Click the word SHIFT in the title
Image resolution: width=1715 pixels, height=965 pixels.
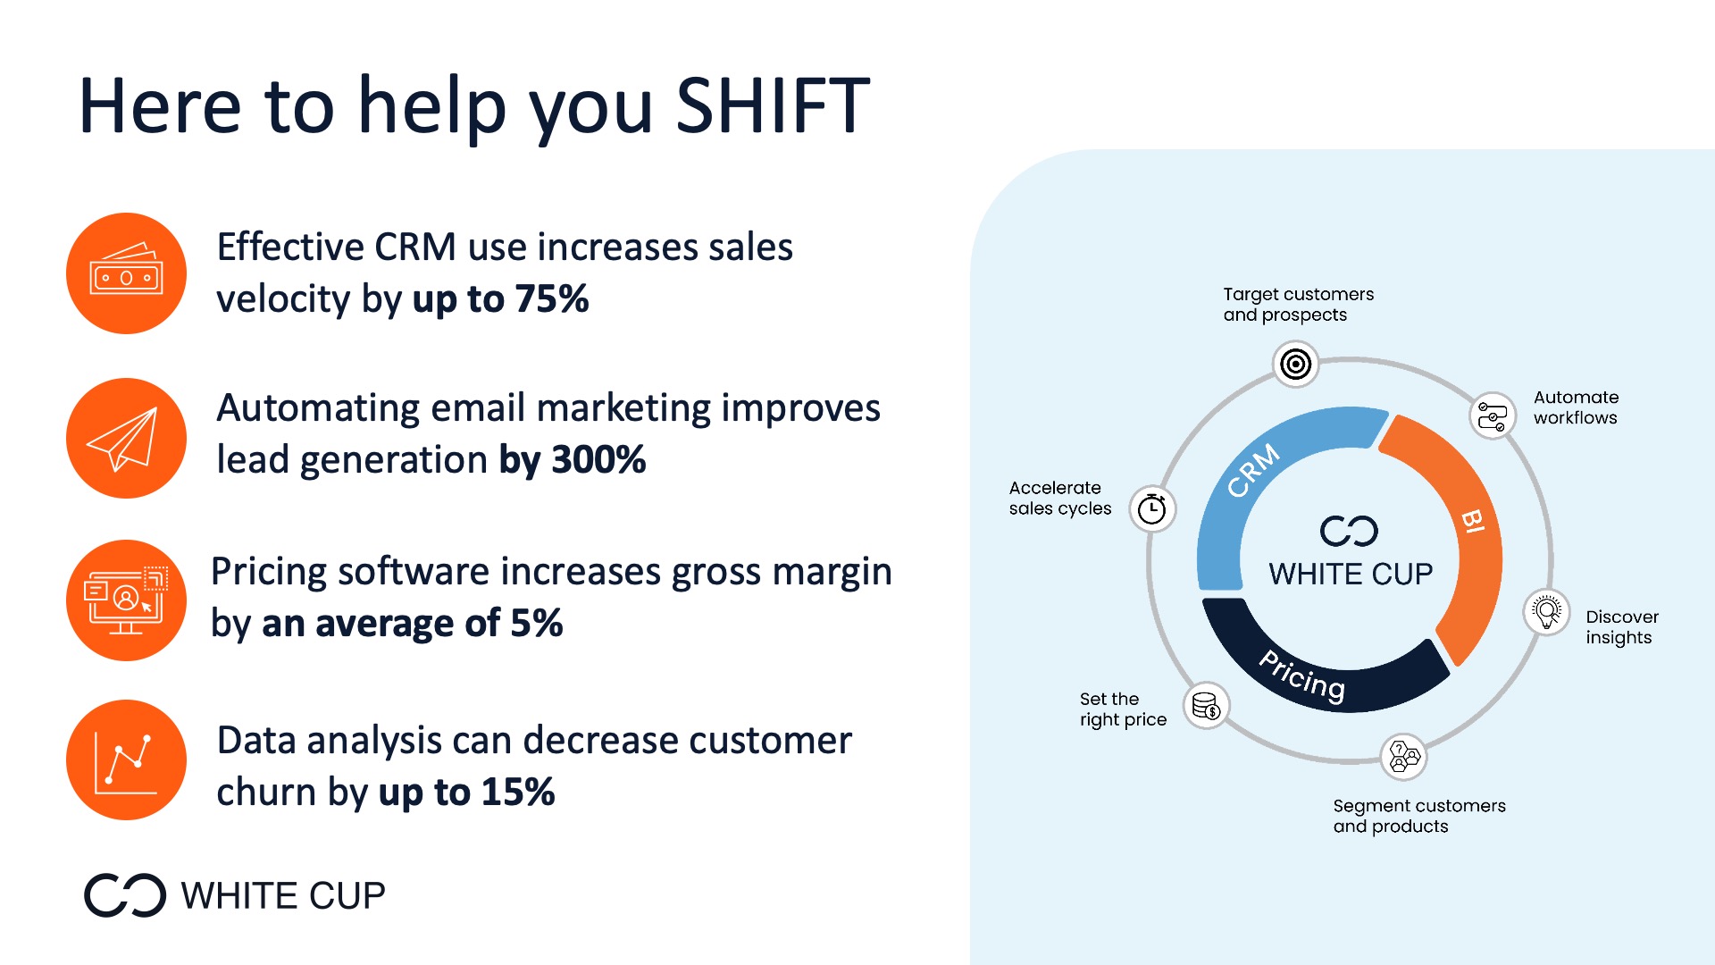(773, 105)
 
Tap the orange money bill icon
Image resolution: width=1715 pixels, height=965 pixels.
(126, 273)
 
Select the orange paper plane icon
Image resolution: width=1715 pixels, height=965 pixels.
(126, 438)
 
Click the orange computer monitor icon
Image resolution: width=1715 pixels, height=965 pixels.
(126, 600)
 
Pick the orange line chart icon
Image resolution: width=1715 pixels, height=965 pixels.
(126, 760)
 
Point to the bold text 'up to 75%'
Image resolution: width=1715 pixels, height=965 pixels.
(500, 299)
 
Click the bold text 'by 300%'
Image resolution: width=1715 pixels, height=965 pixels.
(572, 460)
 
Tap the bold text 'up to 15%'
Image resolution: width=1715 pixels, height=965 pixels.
(466, 793)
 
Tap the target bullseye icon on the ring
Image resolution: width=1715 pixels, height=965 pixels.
(1295, 364)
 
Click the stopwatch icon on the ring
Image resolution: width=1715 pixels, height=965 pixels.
(1152, 509)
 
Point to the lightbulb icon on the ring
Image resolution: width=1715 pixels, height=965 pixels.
(1546, 612)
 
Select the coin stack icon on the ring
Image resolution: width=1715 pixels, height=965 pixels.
(1207, 706)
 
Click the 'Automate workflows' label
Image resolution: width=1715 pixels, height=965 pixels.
(1576, 407)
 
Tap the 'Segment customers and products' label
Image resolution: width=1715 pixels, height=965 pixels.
(1419, 816)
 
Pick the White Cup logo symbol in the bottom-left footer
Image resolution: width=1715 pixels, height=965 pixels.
(125, 895)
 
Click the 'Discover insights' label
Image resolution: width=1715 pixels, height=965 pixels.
(1622, 627)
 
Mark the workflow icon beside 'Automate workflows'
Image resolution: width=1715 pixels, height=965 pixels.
(1493, 415)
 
